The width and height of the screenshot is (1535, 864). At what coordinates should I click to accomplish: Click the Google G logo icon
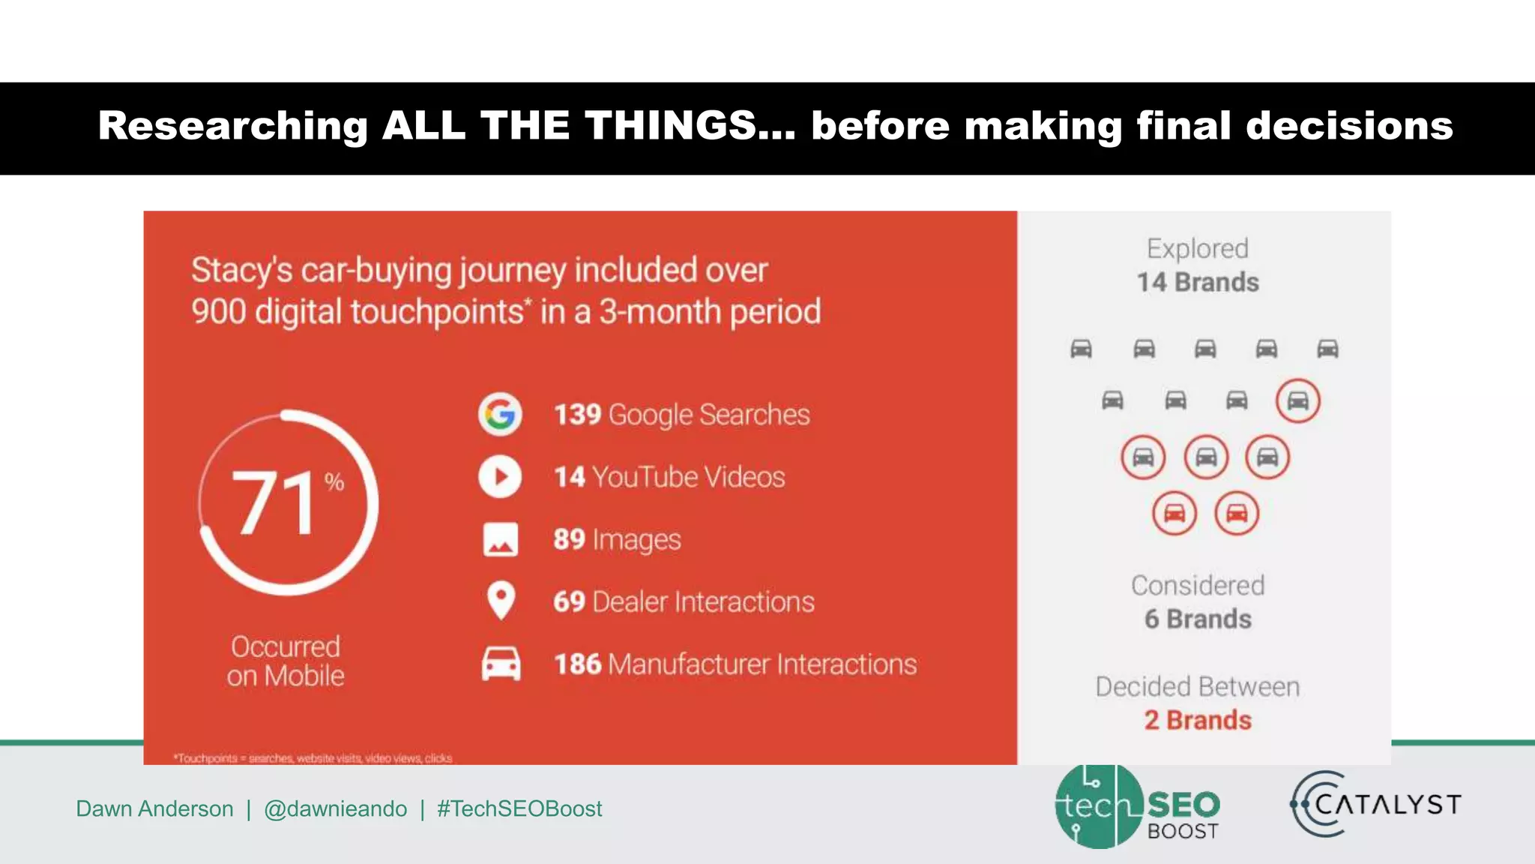click(x=500, y=414)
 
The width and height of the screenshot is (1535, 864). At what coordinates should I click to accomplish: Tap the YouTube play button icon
click(x=500, y=477)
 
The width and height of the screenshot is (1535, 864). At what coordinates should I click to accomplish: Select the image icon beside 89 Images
click(x=500, y=539)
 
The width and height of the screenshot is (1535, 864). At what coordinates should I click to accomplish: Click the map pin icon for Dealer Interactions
click(x=501, y=601)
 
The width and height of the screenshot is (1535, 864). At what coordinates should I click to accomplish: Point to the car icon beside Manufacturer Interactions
click(x=501, y=664)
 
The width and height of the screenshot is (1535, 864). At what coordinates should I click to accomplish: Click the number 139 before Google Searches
click(x=577, y=415)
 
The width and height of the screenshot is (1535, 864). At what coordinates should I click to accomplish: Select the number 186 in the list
click(x=577, y=664)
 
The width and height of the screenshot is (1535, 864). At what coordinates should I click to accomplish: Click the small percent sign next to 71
click(x=334, y=481)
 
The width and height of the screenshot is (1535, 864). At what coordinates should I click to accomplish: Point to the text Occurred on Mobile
click(x=286, y=661)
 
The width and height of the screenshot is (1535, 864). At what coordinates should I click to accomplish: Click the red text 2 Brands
click(x=1198, y=720)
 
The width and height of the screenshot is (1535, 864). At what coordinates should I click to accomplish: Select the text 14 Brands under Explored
click(x=1198, y=282)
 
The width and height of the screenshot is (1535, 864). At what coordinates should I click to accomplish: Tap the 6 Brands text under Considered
click(x=1198, y=619)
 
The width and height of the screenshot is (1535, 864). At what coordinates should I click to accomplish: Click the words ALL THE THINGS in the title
click(x=570, y=125)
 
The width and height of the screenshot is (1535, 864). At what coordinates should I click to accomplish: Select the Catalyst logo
click(x=1376, y=805)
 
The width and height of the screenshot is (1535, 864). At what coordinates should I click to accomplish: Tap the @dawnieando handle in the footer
click(x=335, y=808)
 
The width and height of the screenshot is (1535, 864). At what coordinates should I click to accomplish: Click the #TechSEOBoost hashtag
click(x=519, y=808)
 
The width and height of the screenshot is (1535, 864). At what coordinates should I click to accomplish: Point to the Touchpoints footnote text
click(x=313, y=758)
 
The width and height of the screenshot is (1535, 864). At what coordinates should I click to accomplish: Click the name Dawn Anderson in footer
click(x=154, y=808)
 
